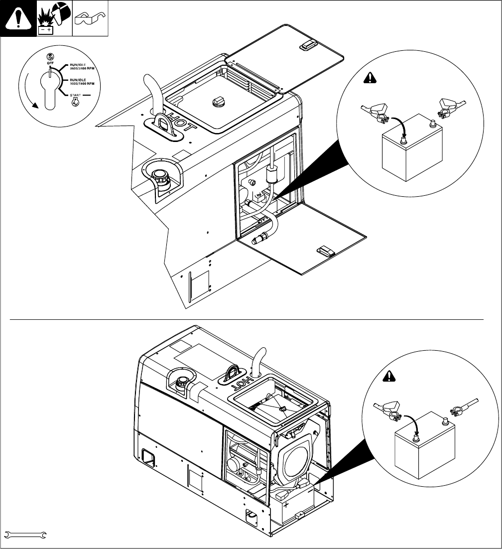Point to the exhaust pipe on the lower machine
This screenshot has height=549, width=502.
[259, 359]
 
